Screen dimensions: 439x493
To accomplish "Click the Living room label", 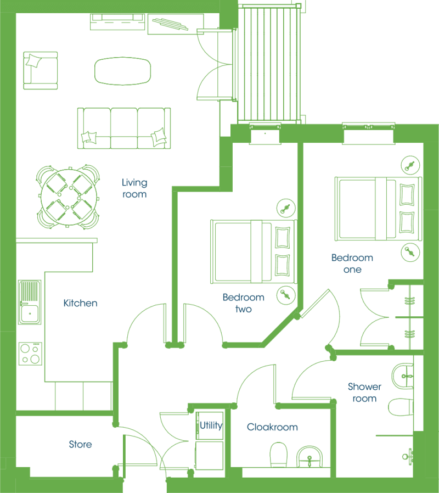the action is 134,188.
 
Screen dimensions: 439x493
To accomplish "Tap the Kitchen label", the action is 81,303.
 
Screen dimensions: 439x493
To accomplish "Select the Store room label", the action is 81,444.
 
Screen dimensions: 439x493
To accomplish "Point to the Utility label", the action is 211,425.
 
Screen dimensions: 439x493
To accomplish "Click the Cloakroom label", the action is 272,427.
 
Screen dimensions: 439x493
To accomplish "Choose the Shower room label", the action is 364,393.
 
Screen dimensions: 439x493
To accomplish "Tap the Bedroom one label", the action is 352,264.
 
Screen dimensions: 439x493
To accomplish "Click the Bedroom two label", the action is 244,303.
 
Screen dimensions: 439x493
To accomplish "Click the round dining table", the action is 69,197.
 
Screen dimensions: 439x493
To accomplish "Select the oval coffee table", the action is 122,71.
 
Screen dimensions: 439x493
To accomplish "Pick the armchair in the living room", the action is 41,71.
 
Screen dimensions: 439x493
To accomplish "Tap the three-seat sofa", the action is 124,128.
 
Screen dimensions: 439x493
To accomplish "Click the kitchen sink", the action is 30,302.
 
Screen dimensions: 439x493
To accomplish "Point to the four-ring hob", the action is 30,354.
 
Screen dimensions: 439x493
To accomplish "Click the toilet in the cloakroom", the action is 279,455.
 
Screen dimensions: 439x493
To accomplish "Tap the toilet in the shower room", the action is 401,407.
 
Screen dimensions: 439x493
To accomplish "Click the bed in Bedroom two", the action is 254,252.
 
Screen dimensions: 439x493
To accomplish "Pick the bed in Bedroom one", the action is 378,209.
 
